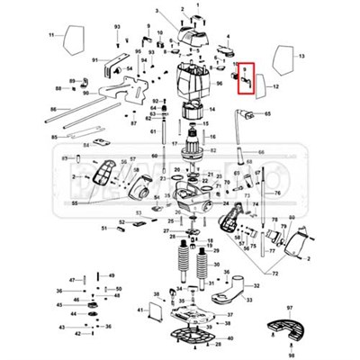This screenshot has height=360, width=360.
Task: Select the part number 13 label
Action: point(301,56)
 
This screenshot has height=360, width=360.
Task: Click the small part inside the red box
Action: point(243,82)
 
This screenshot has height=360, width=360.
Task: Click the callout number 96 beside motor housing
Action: point(219,83)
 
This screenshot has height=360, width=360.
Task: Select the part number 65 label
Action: point(266,113)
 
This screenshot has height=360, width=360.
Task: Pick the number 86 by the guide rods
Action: point(53,108)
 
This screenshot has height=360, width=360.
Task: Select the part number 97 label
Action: point(290,308)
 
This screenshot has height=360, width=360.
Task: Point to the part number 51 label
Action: point(104,229)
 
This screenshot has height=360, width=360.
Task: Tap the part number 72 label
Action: point(275,273)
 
